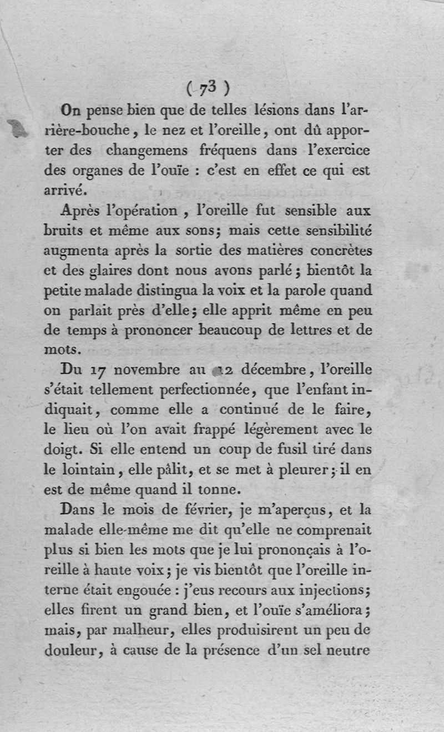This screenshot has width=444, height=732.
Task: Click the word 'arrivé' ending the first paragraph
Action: (63, 190)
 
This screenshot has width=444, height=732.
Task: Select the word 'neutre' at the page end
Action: (348, 650)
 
